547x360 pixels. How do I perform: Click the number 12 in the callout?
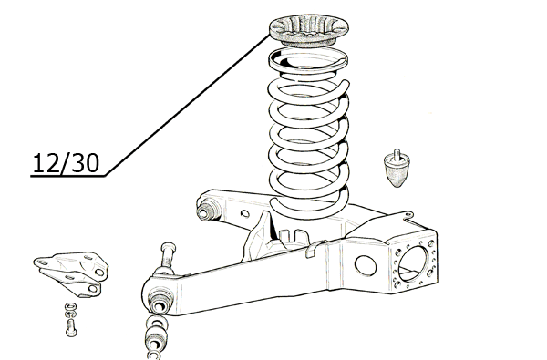[46, 163]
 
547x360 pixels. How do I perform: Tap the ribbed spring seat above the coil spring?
[309, 30]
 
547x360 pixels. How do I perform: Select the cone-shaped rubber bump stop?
[397, 170]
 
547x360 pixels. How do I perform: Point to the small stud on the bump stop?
[397, 154]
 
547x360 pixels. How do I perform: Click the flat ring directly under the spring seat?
[308, 60]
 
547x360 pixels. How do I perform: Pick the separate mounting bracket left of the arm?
[71, 273]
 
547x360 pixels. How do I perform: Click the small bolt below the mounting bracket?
[71, 327]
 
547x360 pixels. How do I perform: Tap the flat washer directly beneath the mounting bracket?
[71, 306]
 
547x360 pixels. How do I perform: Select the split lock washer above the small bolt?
[71, 314]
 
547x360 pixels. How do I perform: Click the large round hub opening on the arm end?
[413, 263]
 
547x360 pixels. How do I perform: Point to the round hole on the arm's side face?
[366, 265]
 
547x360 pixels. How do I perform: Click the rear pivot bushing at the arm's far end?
[206, 210]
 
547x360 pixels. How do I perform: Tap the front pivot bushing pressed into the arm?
[160, 302]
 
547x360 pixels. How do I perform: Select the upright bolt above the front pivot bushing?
[168, 256]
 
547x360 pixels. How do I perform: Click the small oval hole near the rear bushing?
[245, 213]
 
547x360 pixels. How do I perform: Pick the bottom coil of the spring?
[310, 206]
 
